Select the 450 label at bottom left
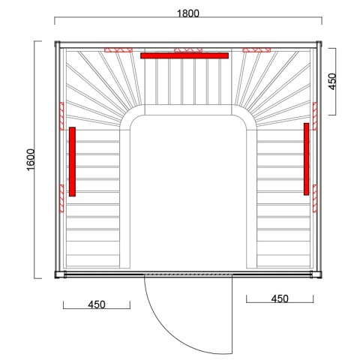pos(95,304)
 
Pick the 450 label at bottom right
pos(278,298)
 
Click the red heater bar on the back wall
pos(184,55)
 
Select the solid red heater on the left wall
pos(72,161)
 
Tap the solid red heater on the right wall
pos(306,159)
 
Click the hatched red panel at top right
pos(254,51)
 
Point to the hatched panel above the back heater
pos(184,51)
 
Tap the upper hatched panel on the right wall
pos(315,112)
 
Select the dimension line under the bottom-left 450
pos(95,310)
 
